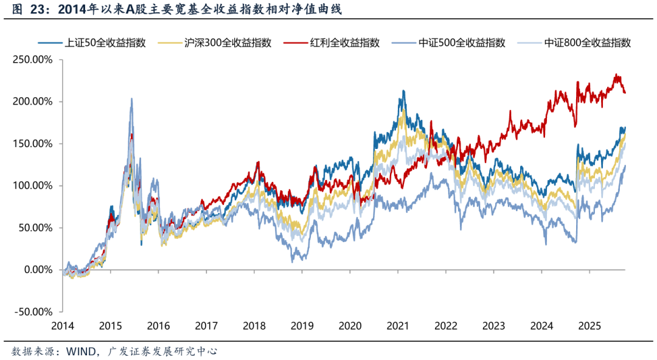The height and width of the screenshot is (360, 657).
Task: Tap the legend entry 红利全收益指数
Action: click(x=344, y=43)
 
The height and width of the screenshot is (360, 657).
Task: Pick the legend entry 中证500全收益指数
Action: click(x=462, y=43)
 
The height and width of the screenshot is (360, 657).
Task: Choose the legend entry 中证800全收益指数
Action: click(x=587, y=43)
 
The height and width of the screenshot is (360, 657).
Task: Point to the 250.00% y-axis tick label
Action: click(x=32, y=60)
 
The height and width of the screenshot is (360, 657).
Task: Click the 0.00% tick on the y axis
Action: click(x=36, y=270)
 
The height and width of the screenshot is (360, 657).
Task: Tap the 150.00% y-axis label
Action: click(x=32, y=144)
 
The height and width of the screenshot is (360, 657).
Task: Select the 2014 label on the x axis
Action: click(x=63, y=325)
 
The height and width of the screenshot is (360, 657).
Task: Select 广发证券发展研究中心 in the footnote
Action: click(x=162, y=351)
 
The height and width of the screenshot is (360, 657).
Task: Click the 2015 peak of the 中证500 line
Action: click(x=131, y=99)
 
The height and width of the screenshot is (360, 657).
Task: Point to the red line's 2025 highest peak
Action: click(x=616, y=74)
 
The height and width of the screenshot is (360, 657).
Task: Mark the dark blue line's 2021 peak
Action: click(x=403, y=91)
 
